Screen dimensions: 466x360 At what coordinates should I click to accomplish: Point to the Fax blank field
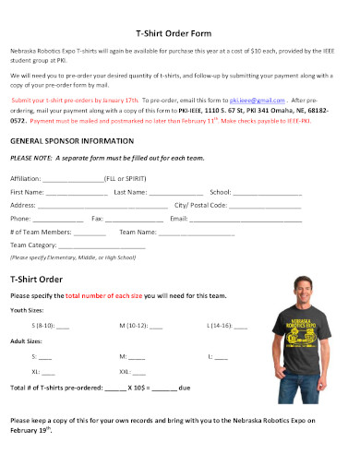tap(133, 219)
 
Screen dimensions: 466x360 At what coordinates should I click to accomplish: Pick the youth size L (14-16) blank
tap(240, 326)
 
